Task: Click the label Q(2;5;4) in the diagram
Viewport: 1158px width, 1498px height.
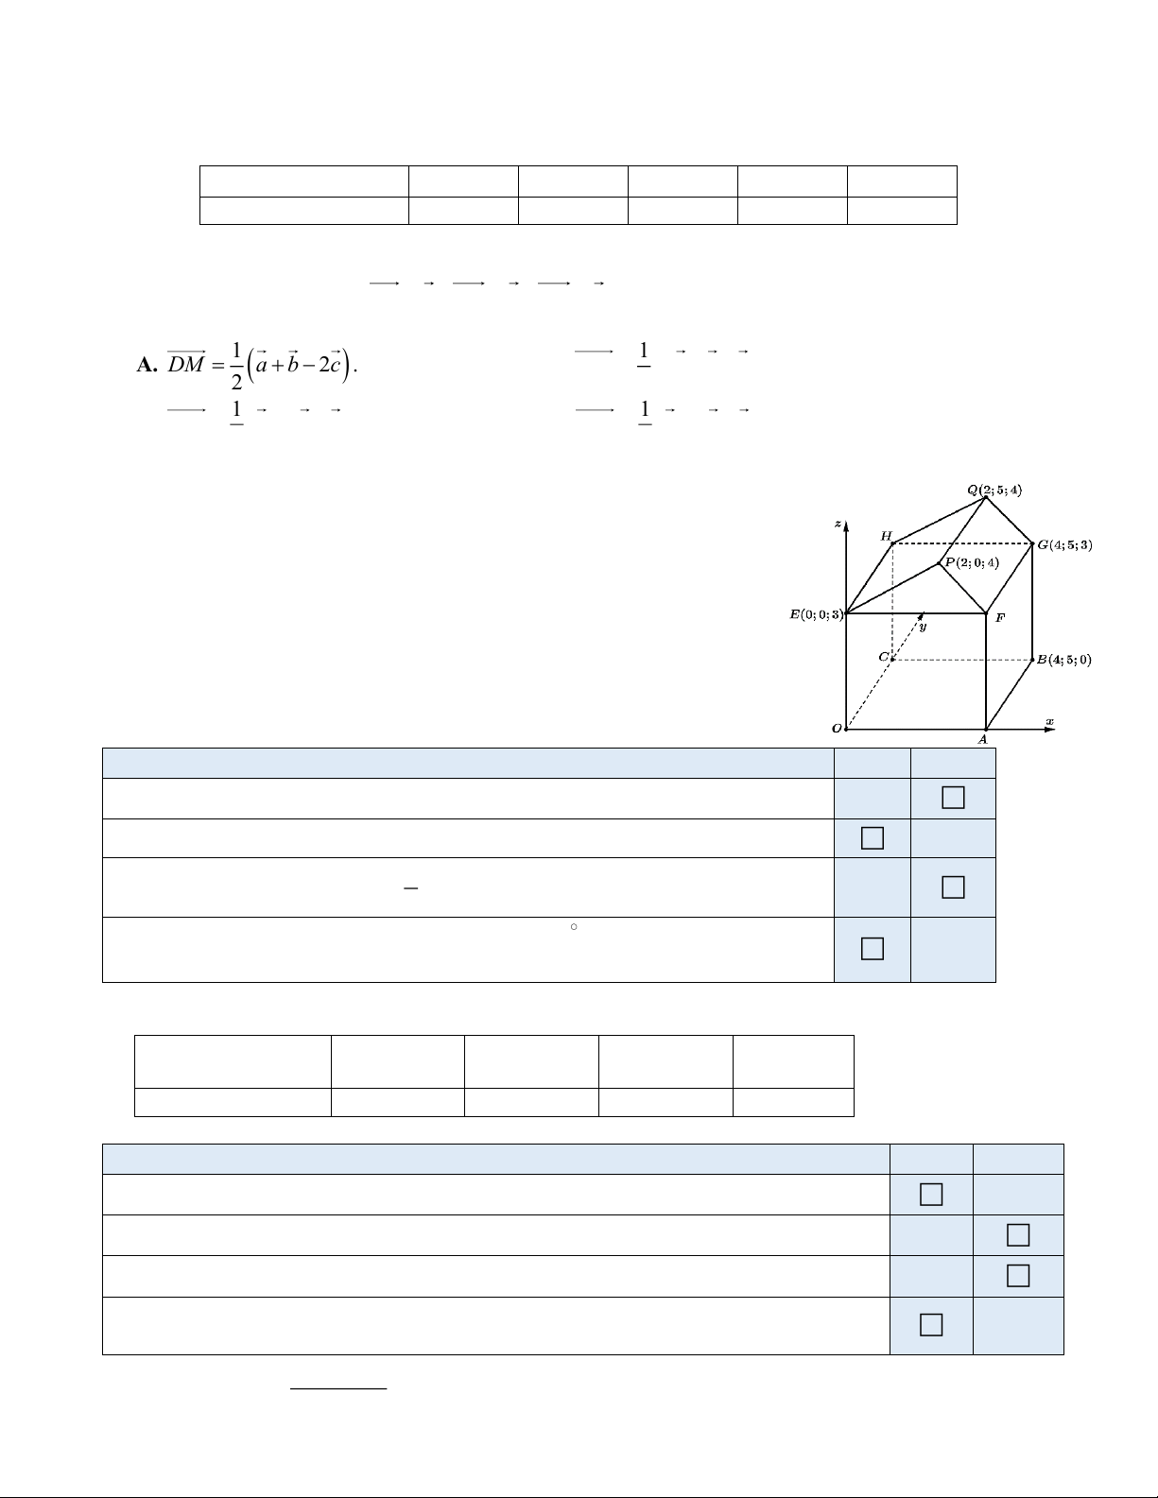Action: point(994,491)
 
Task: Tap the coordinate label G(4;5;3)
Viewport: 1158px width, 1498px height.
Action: point(1065,544)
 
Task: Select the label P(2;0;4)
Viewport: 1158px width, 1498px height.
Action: point(972,562)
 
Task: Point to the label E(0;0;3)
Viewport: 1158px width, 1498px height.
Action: point(817,614)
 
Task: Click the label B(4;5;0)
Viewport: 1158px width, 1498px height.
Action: point(1064,660)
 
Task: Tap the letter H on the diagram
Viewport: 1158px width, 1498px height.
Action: point(887,536)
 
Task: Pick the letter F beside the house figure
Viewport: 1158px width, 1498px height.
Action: point(1000,618)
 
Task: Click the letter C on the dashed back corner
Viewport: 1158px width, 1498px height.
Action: point(884,656)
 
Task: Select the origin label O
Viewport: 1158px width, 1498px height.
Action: point(837,729)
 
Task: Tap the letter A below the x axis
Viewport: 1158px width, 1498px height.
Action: point(983,740)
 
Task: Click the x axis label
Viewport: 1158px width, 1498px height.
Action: point(1050,722)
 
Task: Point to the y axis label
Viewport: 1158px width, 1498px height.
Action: point(923,627)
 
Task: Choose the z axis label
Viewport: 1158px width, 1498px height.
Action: point(838,524)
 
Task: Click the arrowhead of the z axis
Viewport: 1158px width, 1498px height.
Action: point(846,526)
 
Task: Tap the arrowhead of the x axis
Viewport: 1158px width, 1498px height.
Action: point(1050,729)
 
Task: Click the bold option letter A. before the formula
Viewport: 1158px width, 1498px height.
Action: point(147,365)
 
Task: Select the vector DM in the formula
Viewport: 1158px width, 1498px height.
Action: point(187,362)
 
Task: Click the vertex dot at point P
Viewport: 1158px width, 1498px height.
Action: point(940,563)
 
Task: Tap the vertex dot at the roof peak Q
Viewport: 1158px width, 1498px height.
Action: point(986,498)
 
